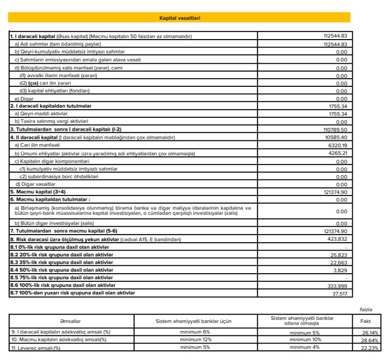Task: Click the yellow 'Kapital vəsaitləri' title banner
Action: pos(179,18)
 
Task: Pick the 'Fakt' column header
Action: pos(366,321)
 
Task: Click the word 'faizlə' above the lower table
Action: pos(366,309)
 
